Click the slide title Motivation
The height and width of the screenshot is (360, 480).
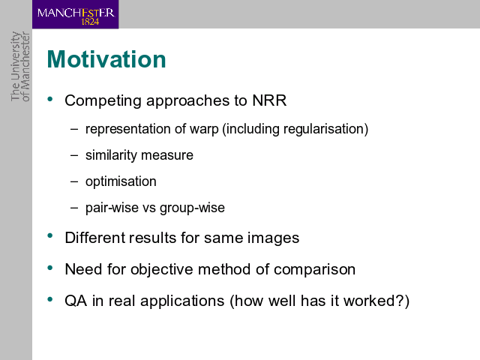pos(106,59)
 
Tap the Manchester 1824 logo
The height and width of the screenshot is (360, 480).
pos(75,14)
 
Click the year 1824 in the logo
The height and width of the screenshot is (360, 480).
pos(90,22)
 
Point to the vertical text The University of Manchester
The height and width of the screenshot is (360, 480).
pos(20,66)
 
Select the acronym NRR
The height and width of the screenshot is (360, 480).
pos(269,100)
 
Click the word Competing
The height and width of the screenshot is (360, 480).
pos(103,101)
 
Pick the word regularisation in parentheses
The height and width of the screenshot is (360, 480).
pos(324,129)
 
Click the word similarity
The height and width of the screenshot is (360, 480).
pos(111,155)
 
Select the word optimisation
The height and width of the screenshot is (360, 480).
pos(121,181)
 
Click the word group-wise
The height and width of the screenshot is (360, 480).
pos(192,208)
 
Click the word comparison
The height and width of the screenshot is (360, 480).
pos(314,270)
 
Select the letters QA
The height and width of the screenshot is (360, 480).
pos(76,301)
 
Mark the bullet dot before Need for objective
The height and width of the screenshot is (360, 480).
pos(50,268)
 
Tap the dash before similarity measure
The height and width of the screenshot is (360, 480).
pos(74,155)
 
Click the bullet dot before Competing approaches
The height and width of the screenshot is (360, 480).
pos(50,99)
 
